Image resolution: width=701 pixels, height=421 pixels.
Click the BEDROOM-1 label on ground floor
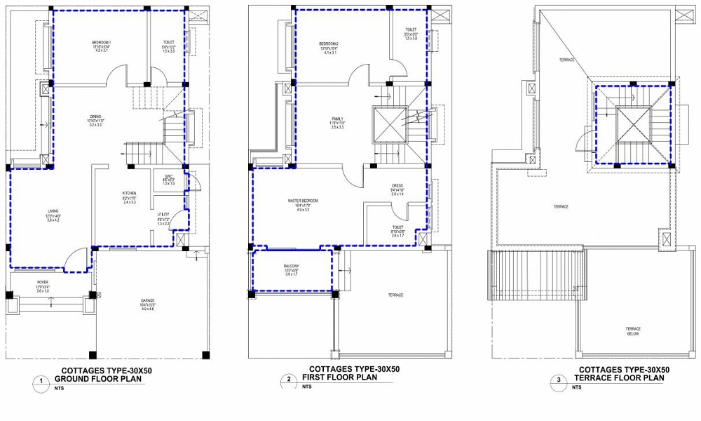point(101,43)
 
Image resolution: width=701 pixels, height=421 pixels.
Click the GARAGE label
point(148,301)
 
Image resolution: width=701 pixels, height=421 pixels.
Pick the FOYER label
point(43,282)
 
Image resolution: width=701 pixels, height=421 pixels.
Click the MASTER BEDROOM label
point(303,201)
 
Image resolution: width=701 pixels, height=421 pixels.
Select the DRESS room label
point(397,186)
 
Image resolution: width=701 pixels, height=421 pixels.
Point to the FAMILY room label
point(336,119)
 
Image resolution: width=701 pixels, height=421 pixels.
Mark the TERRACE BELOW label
point(633,330)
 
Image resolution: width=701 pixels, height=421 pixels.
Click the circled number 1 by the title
point(41,381)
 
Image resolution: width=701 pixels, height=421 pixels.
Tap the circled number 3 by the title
point(559,381)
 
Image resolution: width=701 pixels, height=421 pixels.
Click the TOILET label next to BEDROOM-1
point(168,43)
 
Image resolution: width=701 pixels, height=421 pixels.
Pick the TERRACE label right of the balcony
point(395,295)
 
